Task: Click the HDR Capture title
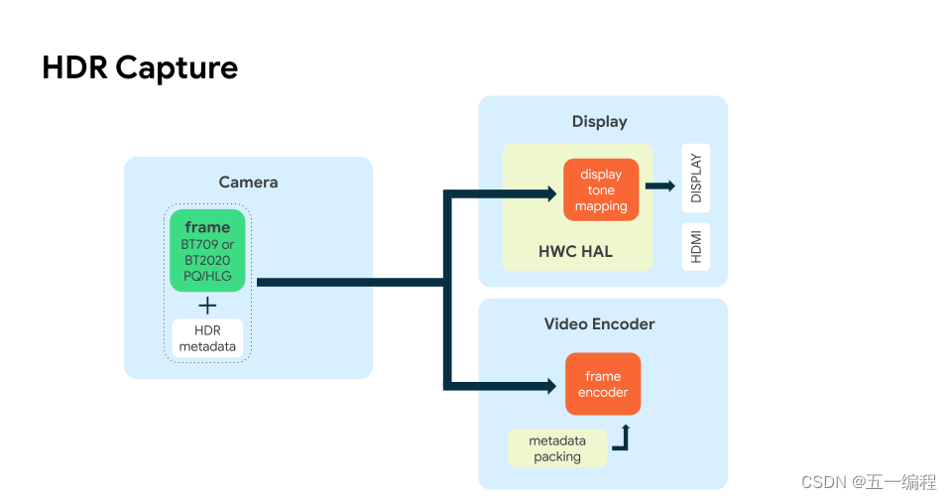point(140,67)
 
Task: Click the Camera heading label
point(248,182)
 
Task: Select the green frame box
point(207,250)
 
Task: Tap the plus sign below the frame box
point(207,306)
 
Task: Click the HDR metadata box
point(207,338)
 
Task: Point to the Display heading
point(599,121)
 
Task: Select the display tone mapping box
point(601,189)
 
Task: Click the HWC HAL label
point(575,251)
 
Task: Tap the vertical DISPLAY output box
point(695,179)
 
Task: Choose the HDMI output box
point(695,247)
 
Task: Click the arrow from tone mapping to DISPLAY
point(659,186)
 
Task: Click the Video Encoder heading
point(599,323)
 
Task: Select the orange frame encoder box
point(603,384)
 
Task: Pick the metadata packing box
point(556,448)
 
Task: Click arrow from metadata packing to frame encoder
point(622,439)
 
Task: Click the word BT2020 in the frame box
point(207,260)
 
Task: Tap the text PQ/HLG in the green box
point(207,276)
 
